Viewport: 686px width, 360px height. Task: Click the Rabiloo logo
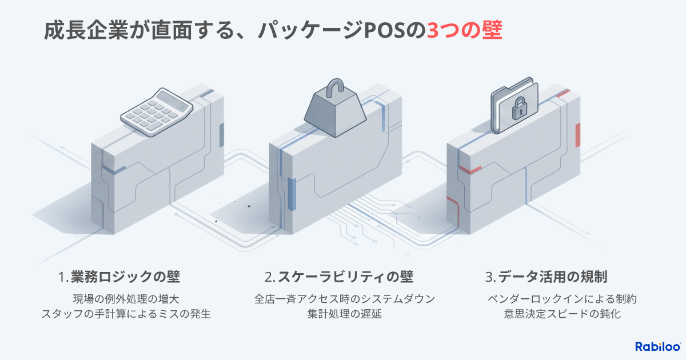pos(657,346)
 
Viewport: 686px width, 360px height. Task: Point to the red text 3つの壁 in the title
pos(465,30)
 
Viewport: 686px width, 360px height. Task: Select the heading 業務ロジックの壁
pos(125,277)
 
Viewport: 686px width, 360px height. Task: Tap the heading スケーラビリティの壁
pos(345,277)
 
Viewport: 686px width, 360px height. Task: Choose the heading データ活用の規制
pos(552,277)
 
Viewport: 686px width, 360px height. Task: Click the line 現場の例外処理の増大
pos(126,298)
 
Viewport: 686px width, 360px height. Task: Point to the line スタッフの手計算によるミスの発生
pos(126,314)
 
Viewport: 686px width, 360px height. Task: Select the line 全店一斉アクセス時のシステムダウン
pos(344,298)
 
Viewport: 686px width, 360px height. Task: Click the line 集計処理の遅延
pos(344,314)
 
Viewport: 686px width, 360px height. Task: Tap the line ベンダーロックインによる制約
pos(562,298)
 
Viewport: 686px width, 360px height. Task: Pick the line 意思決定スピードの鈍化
pos(562,314)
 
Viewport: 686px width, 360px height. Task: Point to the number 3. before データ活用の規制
pos(490,278)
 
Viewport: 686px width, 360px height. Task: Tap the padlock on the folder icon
pos(518,108)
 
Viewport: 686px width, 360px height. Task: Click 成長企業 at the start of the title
pos(80,30)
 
